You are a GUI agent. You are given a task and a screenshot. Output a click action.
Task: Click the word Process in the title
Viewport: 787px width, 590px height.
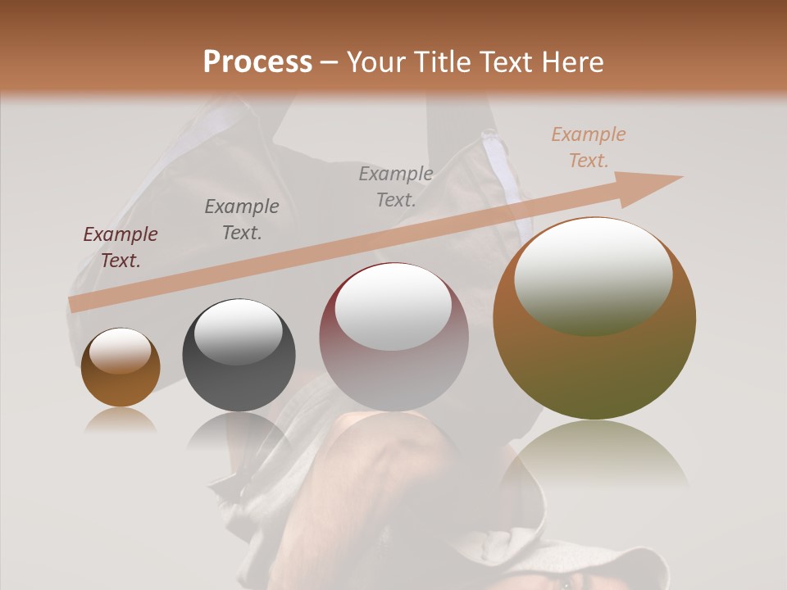(257, 62)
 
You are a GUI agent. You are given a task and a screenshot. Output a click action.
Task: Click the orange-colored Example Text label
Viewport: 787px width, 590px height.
(589, 147)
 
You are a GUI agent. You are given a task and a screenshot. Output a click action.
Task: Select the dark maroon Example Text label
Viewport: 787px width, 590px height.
(121, 247)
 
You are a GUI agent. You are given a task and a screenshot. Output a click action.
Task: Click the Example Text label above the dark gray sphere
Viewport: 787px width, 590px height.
(242, 220)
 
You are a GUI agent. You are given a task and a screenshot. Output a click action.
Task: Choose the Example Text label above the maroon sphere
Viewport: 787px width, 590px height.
(396, 186)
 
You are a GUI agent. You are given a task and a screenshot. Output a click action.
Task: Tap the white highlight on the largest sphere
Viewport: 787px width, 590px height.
(594, 275)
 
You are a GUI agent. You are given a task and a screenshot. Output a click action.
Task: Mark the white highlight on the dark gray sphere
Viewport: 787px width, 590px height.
(238, 331)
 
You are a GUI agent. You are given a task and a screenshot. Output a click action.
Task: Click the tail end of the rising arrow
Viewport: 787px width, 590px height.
(75, 305)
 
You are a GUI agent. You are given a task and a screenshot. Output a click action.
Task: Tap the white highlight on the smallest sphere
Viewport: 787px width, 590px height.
(120, 351)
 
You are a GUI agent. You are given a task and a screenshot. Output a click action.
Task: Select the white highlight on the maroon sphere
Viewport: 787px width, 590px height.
(393, 308)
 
